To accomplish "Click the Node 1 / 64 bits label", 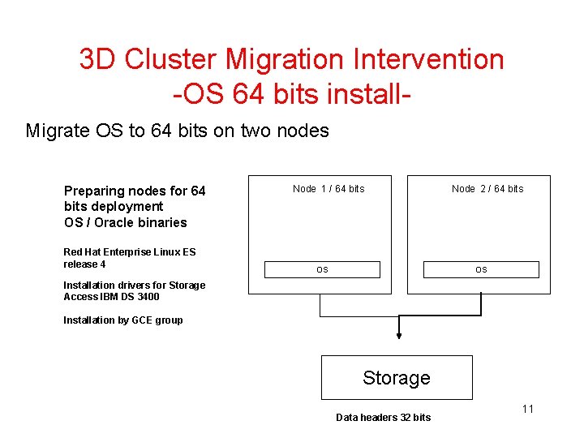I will click(328, 189).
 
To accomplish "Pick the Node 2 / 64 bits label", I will click(487, 189).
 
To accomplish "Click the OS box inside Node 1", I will click(322, 269).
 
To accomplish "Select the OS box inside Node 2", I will click(481, 269).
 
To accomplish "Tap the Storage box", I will click(397, 377).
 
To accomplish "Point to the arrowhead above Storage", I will click(397, 335).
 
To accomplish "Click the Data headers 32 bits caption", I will click(383, 417).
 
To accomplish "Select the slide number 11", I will click(527, 409).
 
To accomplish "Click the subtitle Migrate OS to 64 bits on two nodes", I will click(177, 131).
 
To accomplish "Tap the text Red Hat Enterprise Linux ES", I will click(129, 252).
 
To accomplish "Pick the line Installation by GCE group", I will click(122, 320).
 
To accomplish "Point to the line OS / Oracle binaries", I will click(125, 222).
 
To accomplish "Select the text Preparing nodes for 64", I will click(135, 191).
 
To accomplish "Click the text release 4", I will click(84, 264).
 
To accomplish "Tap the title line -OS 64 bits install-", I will click(290, 93).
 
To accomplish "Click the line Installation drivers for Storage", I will click(134, 285).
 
